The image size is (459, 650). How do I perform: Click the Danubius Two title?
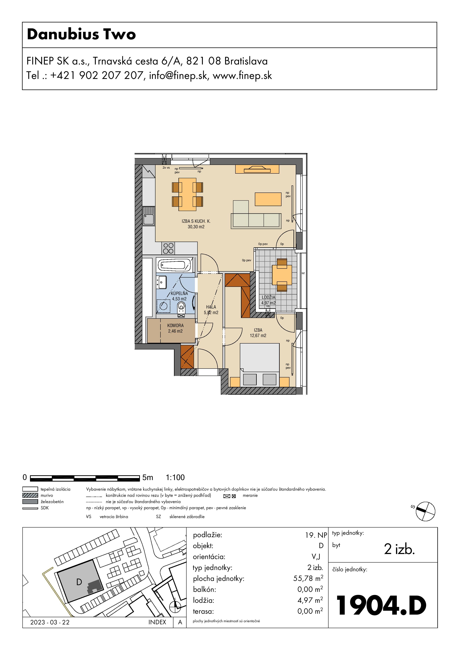[81, 34]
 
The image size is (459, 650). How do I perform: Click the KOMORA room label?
[175, 326]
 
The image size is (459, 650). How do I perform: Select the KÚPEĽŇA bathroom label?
[179, 293]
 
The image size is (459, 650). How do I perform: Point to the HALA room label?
[211, 307]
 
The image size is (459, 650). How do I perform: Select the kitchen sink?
[149, 216]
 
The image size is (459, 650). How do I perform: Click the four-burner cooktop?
[168, 248]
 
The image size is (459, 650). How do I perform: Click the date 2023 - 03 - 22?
[50, 622]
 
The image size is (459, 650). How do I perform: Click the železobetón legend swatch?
[30, 501]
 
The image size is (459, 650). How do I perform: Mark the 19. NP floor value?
[316, 535]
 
